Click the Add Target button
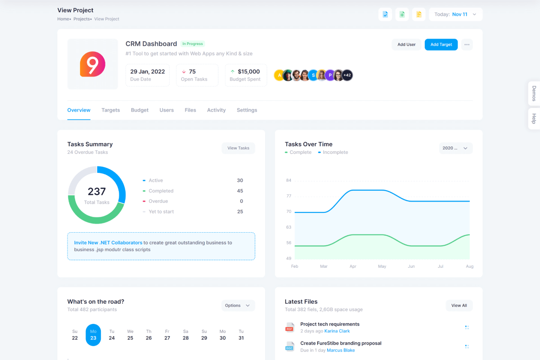[x=441, y=45]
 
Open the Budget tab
[x=139, y=110]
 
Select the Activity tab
[x=216, y=110]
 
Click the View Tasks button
[x=238, y=148]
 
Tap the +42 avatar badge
[x=347, y=75]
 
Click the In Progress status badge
[x=193, y=44]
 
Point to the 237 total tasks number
[x=97, y=192]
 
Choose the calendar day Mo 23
[x=93, y=335]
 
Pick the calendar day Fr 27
[x=167, y=335]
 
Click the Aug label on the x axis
[x=469, y=266]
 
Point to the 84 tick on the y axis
[x=288, y=180]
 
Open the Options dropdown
[x=238, y=306]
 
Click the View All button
[x=459, y=306]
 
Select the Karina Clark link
[x=337, y=331]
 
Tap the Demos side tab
[x=534, y=93]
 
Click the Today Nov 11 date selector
[x=455, y=14]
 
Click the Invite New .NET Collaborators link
[x=108, y=243]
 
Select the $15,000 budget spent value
[x=248, y=72]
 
